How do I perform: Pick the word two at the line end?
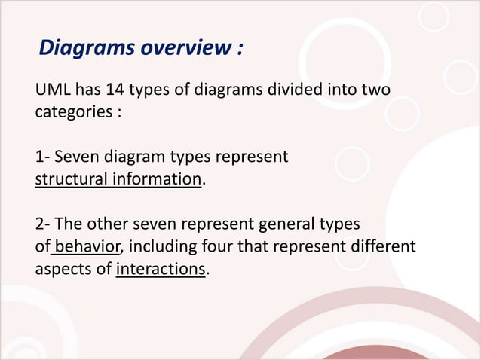coord(375,91)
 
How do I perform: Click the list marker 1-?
coord(44,158)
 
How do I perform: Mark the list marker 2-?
coord(44,224)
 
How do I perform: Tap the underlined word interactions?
coord(161,270)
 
